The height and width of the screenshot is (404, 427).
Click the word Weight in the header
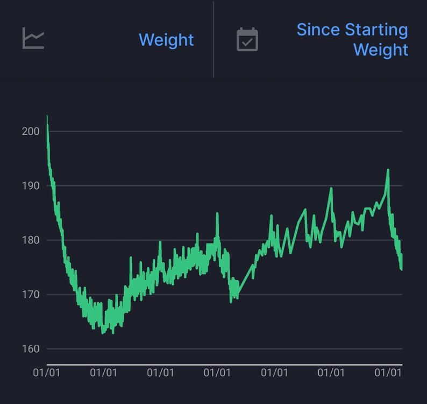point(166,40)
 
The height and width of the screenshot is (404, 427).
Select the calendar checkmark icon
point(247,40)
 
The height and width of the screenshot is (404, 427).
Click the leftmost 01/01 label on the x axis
point(47,372)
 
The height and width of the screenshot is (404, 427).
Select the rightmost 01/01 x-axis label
point(388,372)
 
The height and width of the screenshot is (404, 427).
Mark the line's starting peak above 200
point(47,116)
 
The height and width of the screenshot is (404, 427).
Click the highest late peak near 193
point(388,170)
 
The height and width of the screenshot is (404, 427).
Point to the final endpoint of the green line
point(401,269)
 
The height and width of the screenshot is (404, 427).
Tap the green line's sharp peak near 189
point(331,188)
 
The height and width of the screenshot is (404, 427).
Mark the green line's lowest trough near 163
point(103,333)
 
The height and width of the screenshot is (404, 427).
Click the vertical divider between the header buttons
point(213,39)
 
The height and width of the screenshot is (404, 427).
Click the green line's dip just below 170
point(231,302)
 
